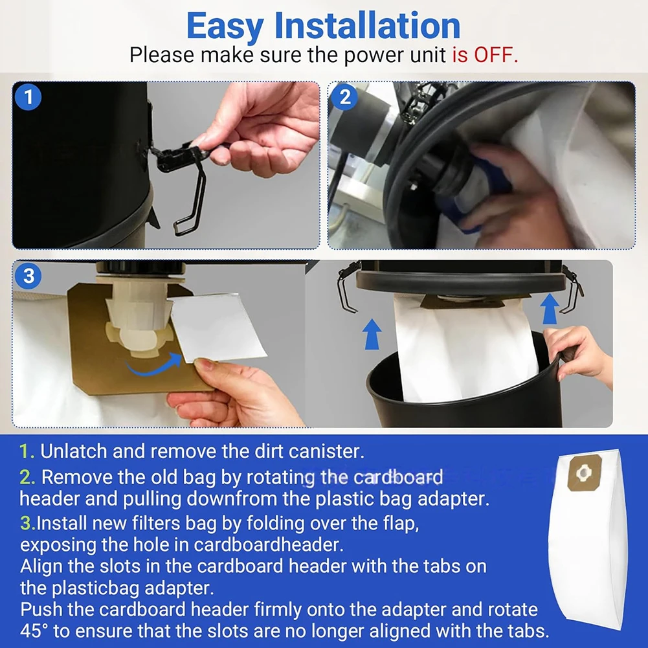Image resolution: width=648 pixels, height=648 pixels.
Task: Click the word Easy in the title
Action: coord(225,27)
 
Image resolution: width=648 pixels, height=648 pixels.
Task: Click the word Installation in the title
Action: coord(367,26)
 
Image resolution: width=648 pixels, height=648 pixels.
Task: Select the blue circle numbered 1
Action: coord(28,97)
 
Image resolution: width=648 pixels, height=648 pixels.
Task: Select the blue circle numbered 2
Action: coord(344,97)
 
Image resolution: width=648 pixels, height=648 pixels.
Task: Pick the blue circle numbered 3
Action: coord(28,276)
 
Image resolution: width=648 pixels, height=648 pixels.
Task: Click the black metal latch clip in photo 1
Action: coord(182,182)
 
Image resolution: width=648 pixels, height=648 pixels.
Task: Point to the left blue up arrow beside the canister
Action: coord(372,334)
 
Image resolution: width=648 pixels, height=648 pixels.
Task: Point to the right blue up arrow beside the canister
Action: coord(550,308)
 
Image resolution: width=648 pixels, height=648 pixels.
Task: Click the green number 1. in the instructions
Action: coord(27,451)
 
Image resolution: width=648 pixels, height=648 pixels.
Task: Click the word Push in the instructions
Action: coord(37,610)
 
